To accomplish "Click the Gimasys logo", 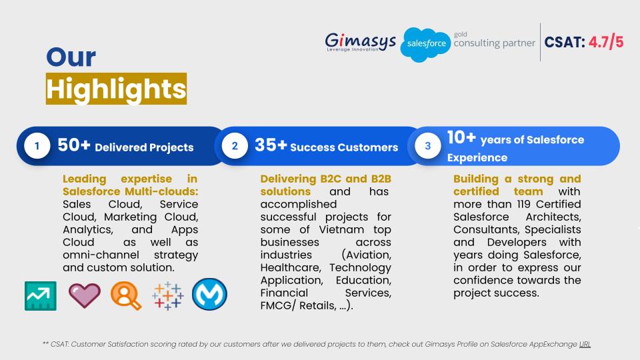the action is pyautogui.click(x=360, y=42).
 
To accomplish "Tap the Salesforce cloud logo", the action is pyautogui.click(x=425, y=45).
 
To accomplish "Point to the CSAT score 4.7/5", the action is pyautogui.click(x=606, y=42).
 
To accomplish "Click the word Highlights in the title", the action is pyautogui.click(x=116, y=89).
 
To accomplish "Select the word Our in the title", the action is pyautogui.click(x=71, y=57).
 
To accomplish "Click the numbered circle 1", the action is pyautogui.click(x=37, y=146).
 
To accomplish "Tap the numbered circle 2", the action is pyautogui.click(x=235, y=146).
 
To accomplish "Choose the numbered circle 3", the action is pyautogui.click(x=428, y=146).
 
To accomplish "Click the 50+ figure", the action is pyautogui.click(x=73, y=145).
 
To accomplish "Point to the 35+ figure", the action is pyautogui.click(x=271, y=145).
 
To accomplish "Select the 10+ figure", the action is pyautogui.click(x=461, y=137).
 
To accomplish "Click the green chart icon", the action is pyautogui.click(x=41, y=296).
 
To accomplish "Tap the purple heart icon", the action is pyautogui.click(x=85, y=295).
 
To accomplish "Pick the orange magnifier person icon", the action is pyautogui.click(x=126, y=295).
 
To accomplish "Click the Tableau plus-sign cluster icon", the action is pyautogui.click(x=168, y=295).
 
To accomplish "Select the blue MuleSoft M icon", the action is pyautogui.click(x=210, y=294).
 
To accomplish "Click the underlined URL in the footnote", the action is pyautogui.click(x=585, y=344).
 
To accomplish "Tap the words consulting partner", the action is pyautogui.click(x=494, y=43).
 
